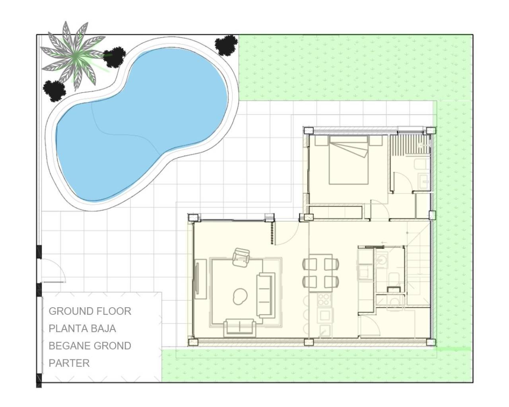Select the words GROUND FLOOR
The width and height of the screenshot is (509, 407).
tap(90, 311)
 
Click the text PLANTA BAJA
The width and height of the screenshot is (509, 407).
tap(82, 329)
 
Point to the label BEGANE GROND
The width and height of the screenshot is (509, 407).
tap(90, 346)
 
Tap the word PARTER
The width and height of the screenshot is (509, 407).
tap(69, 363)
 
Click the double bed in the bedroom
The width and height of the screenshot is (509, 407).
tap(348, 161)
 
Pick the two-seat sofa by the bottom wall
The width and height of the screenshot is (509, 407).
tap(239, 327)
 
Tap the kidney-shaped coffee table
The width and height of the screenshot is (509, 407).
tap(240, 295)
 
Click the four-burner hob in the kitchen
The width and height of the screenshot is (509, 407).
tap(324, 299)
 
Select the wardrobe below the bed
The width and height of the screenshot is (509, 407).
tap(335, 212)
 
